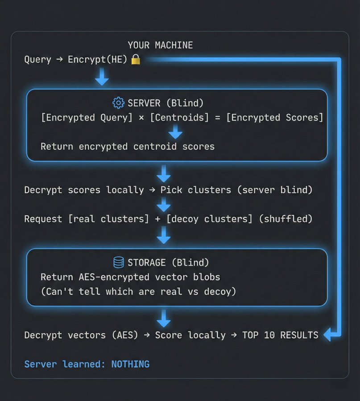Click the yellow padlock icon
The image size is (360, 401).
pos(136,59)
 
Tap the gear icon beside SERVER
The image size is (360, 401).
pos(118,103)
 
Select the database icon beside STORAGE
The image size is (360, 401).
pos(119,262)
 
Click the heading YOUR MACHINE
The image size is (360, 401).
pos(160,45)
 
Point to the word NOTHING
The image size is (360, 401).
pos(130,364)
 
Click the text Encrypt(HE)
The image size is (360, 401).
pos(97,59)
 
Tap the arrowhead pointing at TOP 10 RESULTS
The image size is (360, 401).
pos(328,335)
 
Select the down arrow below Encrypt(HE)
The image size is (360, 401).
pos(102,77)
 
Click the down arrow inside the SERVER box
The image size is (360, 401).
pos(175,132)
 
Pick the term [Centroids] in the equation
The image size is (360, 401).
pos(179,118)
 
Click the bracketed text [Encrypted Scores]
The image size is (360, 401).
pos(275,118)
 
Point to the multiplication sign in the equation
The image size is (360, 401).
pos(141,118)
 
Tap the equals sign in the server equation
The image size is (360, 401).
pos(218,118)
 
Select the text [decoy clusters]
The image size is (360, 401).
pos(209,219)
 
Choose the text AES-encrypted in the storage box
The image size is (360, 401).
pos(114,277)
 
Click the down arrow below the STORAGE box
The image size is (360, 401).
pos(164,318)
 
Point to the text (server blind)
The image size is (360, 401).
pos(275,190)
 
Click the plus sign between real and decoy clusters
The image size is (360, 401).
pos(157,219)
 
